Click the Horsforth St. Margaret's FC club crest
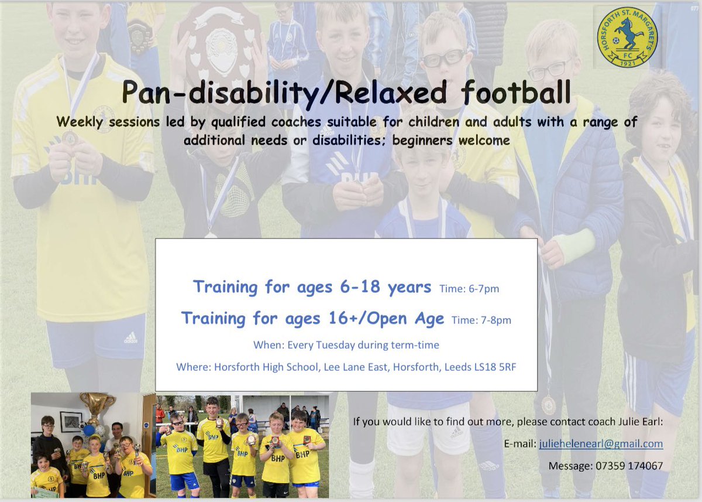click(627, 37)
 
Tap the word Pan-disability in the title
click(221, 93)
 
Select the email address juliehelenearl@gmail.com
click(601, 443)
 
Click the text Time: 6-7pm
click(469, 289)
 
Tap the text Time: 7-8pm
click(481, 320)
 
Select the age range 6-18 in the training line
click(360, 286)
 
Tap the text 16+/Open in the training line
click(367, 318)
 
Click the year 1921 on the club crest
click(627, 63)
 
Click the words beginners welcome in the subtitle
click(451, 141)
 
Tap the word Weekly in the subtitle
click(80, 122)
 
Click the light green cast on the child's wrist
click(574, 245)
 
